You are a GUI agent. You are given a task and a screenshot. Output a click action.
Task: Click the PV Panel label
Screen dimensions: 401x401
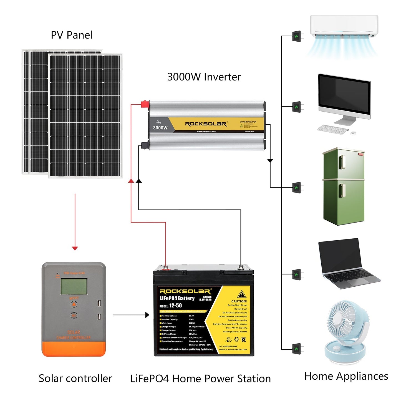72,35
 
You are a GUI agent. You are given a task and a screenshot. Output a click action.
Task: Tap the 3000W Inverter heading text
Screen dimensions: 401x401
204,77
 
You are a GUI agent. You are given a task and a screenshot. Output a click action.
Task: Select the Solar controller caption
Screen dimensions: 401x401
75,378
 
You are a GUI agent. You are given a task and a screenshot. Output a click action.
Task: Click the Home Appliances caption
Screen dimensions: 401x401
346,376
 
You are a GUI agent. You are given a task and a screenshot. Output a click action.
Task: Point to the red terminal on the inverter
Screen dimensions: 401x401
144,104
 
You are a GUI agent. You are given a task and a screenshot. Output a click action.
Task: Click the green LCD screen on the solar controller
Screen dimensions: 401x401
74,286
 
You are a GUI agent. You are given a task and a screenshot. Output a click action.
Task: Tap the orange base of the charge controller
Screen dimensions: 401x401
74,349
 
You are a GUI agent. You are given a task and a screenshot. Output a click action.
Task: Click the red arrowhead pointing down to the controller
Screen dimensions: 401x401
75,248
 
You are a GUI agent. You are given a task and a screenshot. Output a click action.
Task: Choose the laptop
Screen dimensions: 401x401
347,264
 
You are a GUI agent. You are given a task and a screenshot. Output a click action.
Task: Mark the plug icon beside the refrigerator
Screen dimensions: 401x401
297,188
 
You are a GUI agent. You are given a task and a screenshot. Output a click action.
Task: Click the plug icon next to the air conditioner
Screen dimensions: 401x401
297,36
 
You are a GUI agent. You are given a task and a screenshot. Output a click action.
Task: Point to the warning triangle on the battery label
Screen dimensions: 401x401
241,294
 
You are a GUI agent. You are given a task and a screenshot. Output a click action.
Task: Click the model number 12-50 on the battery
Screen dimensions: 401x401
175,306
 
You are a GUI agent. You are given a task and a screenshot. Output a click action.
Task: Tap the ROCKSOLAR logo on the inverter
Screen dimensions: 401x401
206,124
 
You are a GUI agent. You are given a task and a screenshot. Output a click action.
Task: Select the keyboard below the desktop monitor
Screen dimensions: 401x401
332,129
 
